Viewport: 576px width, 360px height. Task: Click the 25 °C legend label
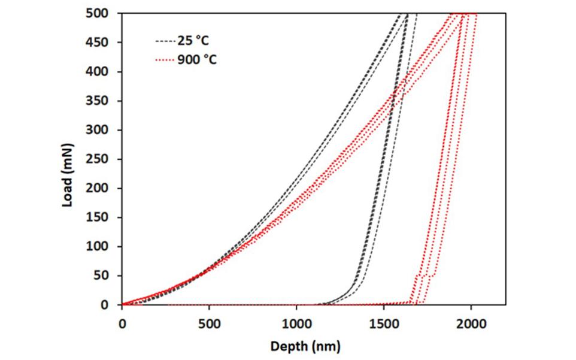pyautogui.click(x=193, y=41)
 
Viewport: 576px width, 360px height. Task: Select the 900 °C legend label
pyautogui.click(x=196, y=60)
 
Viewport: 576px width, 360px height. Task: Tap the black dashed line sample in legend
pyautogui.click(x=164, y=41)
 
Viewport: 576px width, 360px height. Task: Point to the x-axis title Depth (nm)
pyautogui.click(x=305, y=347)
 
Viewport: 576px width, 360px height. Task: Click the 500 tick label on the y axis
pyautogui.click(x=103, y=13)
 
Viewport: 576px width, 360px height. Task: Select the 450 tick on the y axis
pyautogui.click(x=103, y=43)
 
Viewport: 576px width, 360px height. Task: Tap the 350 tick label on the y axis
pyautogui.click(x=103, y=101)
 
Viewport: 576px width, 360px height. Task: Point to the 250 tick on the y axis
pyautogui.click(x=103, y=159)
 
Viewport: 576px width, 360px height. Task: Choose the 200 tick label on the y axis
pyautogui.click(x=103, y=188)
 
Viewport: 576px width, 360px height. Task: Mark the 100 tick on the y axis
pyautogui.click(x=103, y=247)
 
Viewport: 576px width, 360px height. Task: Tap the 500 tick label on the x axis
pyautogui.click(x=209, y=323)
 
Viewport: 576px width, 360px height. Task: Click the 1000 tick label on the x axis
pyautogui.click(x=296, y=323)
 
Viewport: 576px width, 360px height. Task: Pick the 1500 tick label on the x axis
pyautogui.click(x=384, y=323)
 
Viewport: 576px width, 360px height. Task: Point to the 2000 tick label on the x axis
pyautogui.click(x=471, y=323)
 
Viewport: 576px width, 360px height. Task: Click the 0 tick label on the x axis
pyautogui.click(x=122, y=323)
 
